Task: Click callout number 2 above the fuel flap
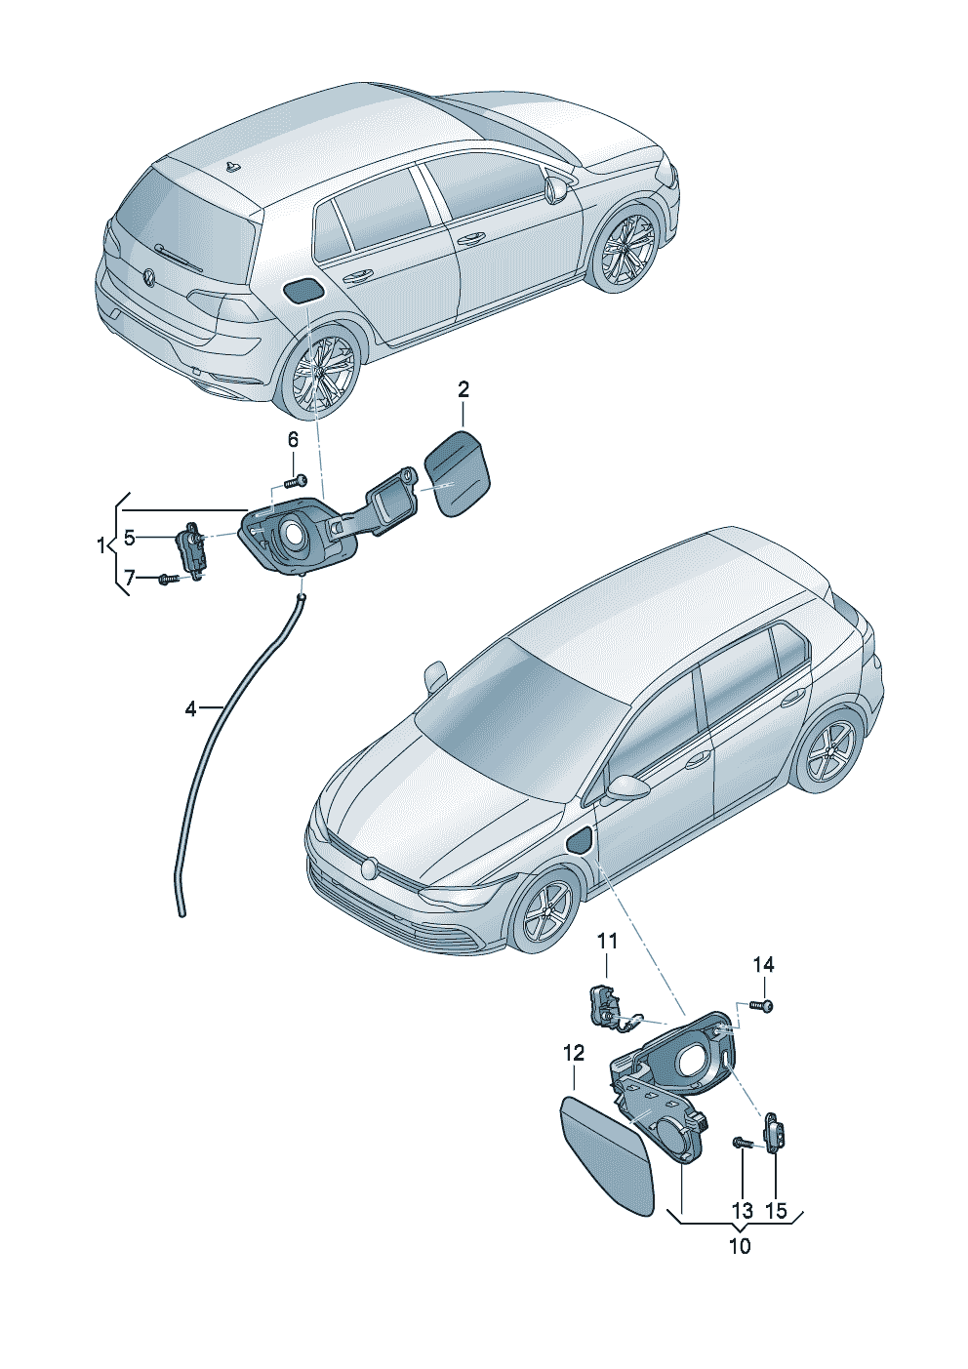tap(463, 389)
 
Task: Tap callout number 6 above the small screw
tap(293, 439)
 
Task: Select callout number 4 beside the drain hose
tap(190, 709)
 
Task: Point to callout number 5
tap(129, 538)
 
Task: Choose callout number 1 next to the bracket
tap(101, 545)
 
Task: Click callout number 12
tap(574, 1053)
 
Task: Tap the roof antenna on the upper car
tap(231, 166)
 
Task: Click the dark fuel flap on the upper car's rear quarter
tap(302, 290)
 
